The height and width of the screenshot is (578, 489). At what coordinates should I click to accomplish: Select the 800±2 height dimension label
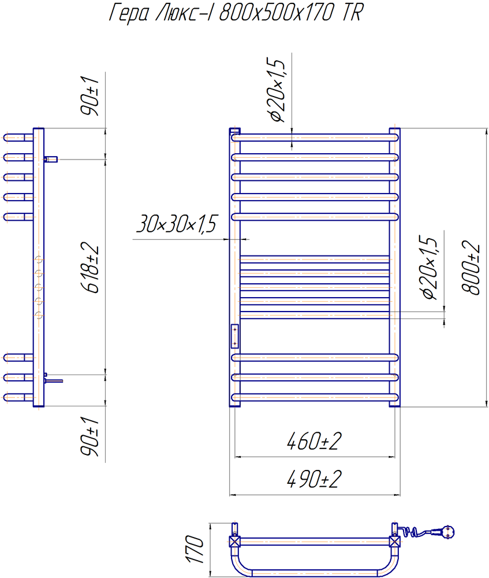pos(471,268)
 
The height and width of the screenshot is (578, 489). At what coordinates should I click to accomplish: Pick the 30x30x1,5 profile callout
pos(177,223)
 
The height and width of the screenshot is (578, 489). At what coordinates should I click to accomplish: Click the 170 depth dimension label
pos(194,550)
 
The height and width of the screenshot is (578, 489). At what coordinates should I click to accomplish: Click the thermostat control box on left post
pos(235,336)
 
